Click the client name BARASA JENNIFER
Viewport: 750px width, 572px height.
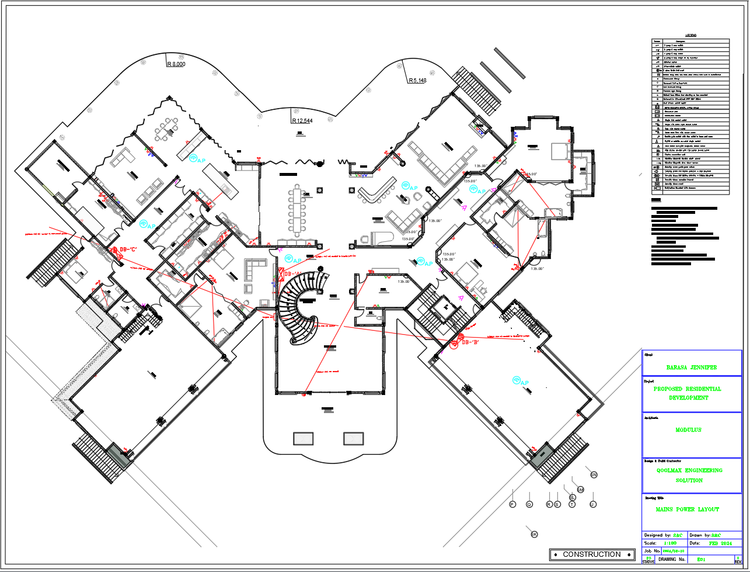point(691,368)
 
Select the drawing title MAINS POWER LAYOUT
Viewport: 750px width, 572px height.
point(687,509)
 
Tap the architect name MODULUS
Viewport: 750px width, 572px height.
point(688,430)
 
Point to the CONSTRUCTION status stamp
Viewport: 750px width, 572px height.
point(592,554)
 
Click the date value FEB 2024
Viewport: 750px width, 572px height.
point(721,543)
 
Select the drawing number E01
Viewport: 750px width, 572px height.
point(702,560)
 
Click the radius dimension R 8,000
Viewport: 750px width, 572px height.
point(176,64)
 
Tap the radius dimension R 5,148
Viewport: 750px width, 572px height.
point(417,81)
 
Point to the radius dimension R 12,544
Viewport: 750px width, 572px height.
point(302,121)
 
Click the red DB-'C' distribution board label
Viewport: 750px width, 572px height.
point(128,249)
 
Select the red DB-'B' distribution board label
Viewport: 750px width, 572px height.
point(470,342)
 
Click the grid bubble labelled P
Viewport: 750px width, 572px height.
point(512,504)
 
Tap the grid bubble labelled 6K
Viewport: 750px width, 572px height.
point(533,535)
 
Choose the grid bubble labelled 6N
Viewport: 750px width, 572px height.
point(594,475)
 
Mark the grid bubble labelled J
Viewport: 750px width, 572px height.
point(593,504)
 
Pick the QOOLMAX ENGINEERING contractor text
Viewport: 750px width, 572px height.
point(689,470)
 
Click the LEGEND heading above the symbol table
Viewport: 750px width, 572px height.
point(690,35)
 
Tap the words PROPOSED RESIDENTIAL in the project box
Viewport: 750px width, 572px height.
point(687,389)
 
